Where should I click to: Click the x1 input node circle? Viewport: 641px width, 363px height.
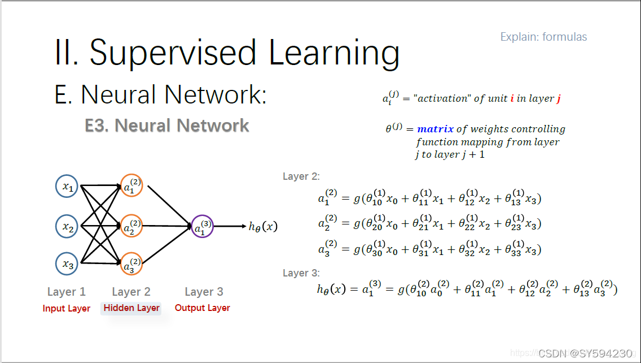tap(67, 187)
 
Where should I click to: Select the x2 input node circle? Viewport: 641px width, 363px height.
tap(67, 227)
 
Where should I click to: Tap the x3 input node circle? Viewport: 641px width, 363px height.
tap(67, 263)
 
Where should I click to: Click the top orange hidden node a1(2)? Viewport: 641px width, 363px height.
tap(131, 185)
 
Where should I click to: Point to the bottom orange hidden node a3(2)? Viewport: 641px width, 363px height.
tap(131, 263)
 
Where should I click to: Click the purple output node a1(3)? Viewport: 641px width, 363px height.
tap(201, 226)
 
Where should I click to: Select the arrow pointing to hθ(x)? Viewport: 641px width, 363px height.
tap(229, 226)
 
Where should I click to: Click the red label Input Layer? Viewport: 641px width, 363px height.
tap(67, 309)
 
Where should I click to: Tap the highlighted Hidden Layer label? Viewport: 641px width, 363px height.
tap(131, 308)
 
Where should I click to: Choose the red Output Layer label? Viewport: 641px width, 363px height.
tap(203, 308)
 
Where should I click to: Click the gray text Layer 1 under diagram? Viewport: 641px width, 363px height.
tap(67, 292)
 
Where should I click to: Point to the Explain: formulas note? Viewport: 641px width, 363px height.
tap(543, 37)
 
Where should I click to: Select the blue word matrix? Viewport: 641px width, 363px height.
tap(435, 129)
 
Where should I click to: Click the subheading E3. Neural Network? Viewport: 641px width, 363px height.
tap(167, 126)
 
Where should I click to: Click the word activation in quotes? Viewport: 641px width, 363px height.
tap(441, 98)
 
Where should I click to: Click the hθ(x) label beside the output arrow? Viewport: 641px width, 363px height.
tap(263, 227)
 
